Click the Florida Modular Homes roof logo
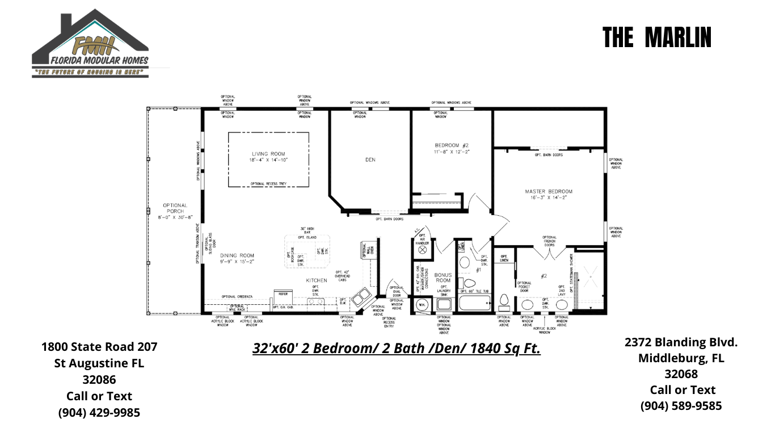click(x=90, y=43)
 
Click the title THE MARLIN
click(x=657, y=37)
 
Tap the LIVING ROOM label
click(x=268, y=157)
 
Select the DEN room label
click(x=370, y=160)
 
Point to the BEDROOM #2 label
click(x=452, y=148)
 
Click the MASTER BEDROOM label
click(x=549, y=194)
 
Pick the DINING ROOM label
click(x=237, y=258)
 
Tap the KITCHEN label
click(x=317, y=280)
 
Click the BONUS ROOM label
click(x=443, y=278)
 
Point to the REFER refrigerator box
click(x=282, y=294)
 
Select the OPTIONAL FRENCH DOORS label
click(x=549, y=241)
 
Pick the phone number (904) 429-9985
click(x=99, y=413)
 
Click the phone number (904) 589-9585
click(x=681, y=406)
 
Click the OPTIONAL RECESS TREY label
click(x=268, y=184)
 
